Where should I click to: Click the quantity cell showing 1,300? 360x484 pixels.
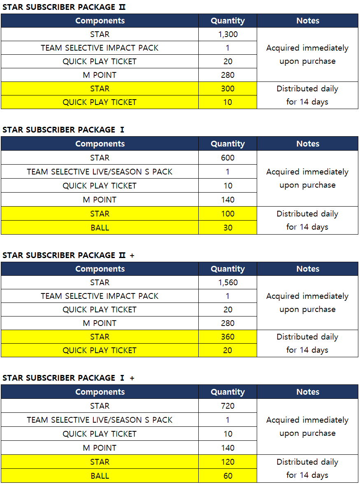[x=228, y=34]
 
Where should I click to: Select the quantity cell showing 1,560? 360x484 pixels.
[x=228, y=282]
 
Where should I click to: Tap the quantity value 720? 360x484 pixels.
[x=228, y=406]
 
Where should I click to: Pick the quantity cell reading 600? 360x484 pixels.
[x=228, y=158]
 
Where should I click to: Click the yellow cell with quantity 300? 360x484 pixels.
[x=228, y=88]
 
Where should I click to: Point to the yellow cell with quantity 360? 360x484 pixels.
[x=228, y=337]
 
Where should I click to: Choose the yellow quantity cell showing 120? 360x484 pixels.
[x=228, y=462]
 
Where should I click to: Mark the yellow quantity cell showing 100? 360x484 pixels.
[x=228, y=214]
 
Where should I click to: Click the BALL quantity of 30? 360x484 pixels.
[x=228, y=228]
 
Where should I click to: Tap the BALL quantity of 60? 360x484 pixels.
[x=228, y=476]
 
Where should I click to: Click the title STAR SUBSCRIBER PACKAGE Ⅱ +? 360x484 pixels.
[x=68, y=255]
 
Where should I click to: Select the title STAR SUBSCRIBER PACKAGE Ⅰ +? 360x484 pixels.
[x=68, y=378]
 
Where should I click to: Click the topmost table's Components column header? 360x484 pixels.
[x=100, y=21]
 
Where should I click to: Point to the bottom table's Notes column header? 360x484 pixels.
[x=308, y=392]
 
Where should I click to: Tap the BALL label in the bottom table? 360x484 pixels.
[x=100, y=476]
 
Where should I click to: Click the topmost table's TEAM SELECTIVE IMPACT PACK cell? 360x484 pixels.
[x=100, y=48]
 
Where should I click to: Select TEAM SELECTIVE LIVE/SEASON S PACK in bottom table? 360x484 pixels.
[x=100, y=420]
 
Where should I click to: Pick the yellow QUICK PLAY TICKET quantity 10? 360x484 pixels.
[x=228, y=102]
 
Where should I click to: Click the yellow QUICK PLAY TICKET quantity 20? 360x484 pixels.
[x=228, y=350]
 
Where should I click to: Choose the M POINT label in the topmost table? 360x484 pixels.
[x=100, y=75]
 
